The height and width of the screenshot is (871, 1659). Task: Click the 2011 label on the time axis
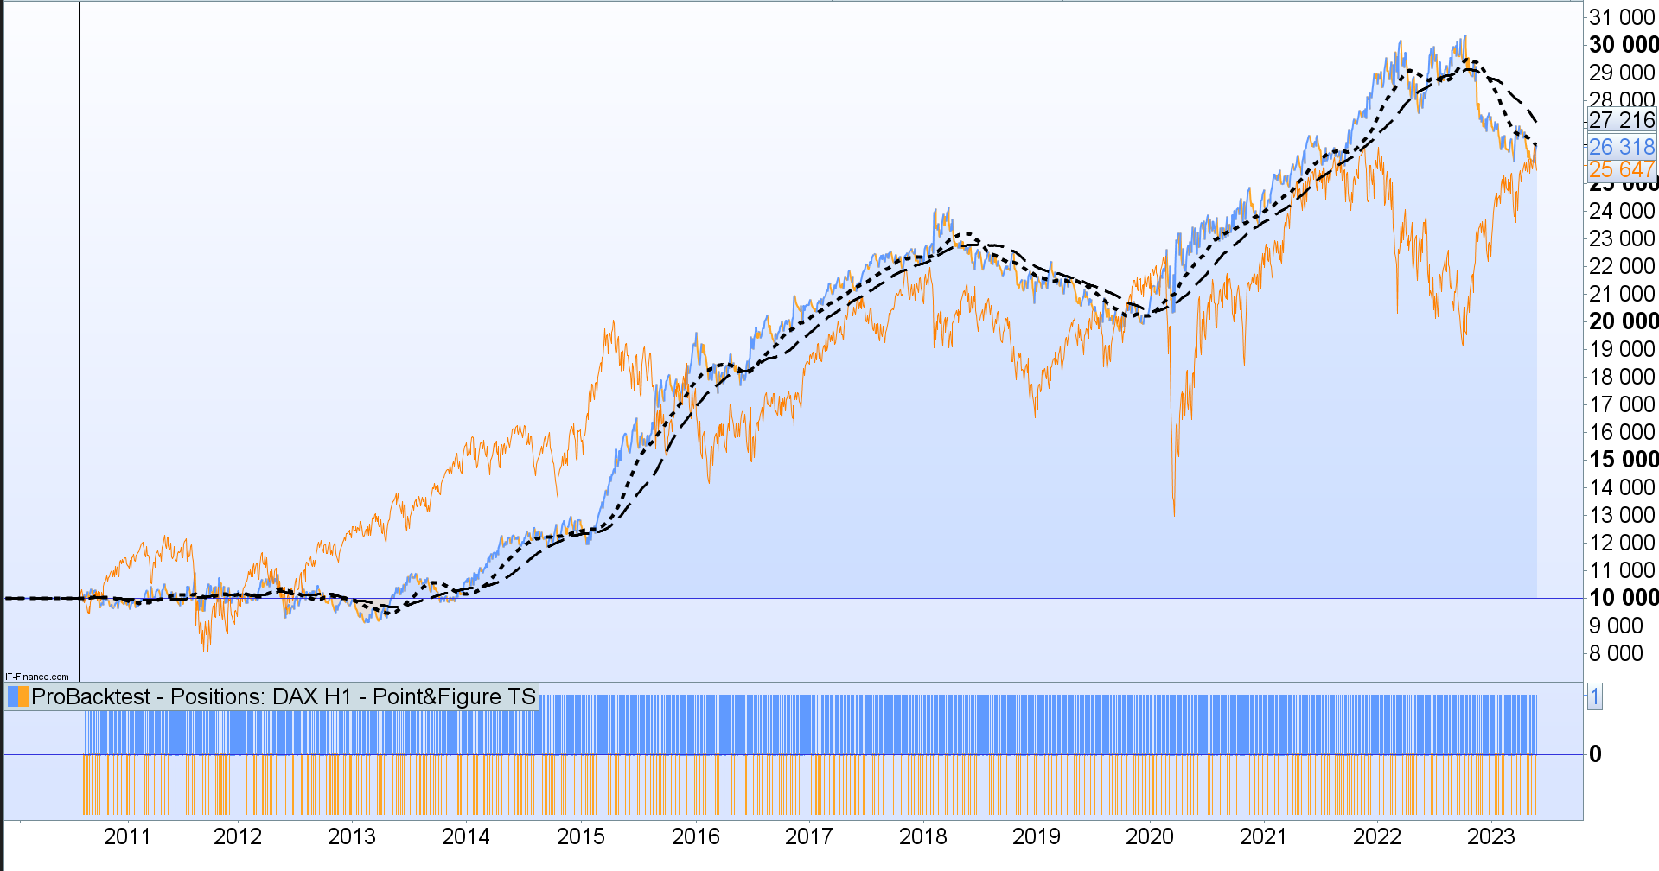click(x=127, y=836)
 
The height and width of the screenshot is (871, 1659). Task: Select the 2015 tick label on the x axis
click(x=580, y=836)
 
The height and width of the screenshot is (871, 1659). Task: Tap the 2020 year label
click(x=1149, y=836)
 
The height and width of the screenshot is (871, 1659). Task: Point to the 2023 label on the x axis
click(x=1490, y=836)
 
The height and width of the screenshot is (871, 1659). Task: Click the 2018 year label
click(x=922, y=836)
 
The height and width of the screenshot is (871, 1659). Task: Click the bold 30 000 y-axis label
click(x=1623, y=45)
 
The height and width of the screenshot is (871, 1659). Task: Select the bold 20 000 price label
click(x=1623, y=321)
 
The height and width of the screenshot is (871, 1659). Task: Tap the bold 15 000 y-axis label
click(x=1623, y=460)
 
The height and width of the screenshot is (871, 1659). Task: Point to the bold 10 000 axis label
click(x=1623, y=598)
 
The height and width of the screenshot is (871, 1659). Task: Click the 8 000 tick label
click(x=1616, y=653)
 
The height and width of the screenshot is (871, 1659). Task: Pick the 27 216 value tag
click(x=1621, y=120)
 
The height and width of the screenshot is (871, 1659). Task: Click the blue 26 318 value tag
click(x=1621, y=147)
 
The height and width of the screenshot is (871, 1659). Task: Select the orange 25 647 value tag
click(x=1621, y=170)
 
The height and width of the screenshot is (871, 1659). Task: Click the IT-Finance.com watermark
click(x=37, y=677)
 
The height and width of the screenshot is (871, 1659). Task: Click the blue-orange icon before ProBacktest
click(x=17, y=696)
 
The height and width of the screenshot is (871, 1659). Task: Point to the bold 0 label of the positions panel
click(x=1595, y=754)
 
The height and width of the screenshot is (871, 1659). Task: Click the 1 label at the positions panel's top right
click(x=1594, y=696)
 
